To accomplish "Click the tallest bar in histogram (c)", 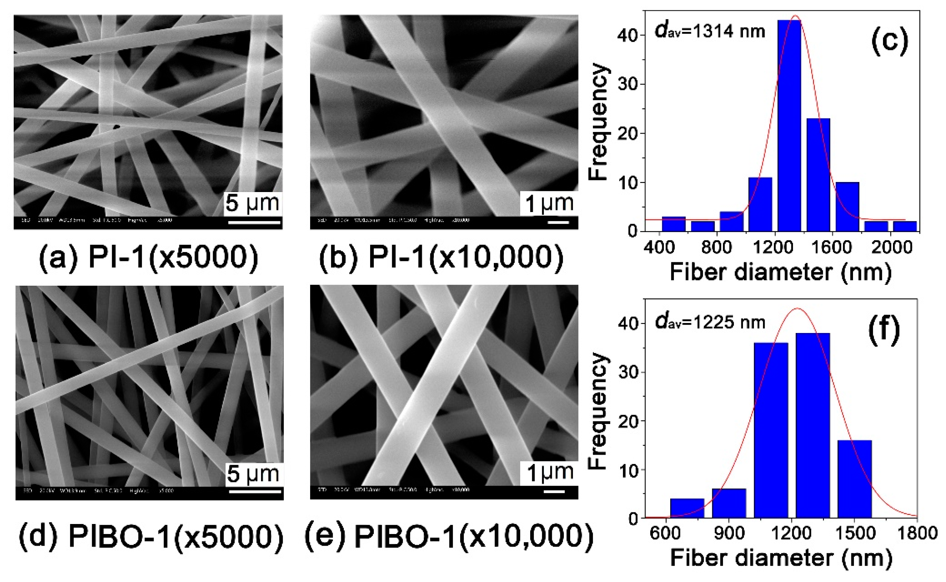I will tap(789, 125).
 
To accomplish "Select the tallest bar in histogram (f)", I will tap(812, 425).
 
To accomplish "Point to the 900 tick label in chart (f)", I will tap(729, 533).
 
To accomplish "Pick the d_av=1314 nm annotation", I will tap(710, 31).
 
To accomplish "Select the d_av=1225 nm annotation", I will tap(710, 322).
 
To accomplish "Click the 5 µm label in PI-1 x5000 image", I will tap(252, 203).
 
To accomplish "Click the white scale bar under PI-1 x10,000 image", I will tap(558, 222).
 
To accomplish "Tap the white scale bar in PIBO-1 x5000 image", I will tap(255, 491).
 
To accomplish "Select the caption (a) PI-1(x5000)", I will tap(148, 257).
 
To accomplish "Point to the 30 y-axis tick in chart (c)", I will tap(627, 84).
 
